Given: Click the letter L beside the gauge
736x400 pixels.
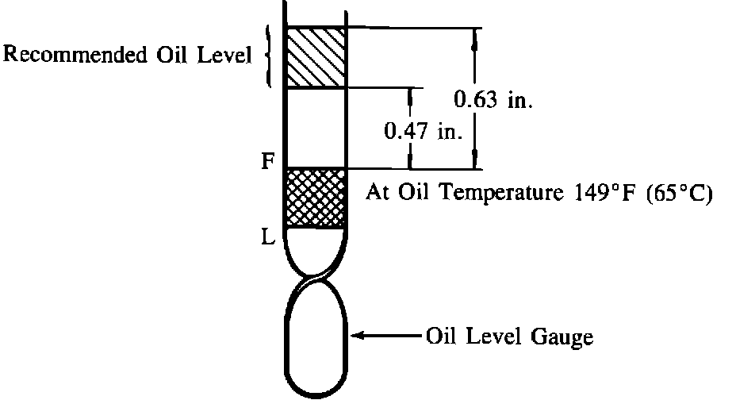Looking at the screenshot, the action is (x=269, y=237).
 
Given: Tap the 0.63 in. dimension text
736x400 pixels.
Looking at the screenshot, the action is (x=493, y=100).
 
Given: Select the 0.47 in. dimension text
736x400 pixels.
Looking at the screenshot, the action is (x=423, y=131).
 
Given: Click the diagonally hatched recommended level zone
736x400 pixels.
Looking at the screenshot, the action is (x=316, y=57).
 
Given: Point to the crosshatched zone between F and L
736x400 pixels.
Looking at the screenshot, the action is (x=316, y=198).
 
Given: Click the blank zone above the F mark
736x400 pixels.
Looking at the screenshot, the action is (x=316, y=127).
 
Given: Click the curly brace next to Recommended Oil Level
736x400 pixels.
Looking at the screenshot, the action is (x=268, y=56).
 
